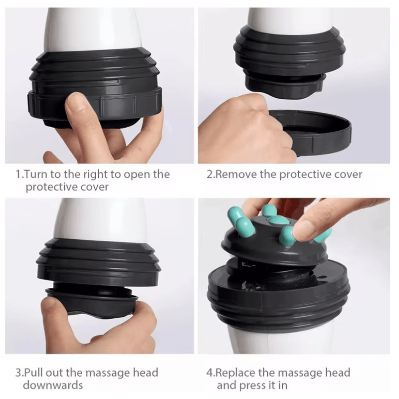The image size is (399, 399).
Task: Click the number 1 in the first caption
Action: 19,175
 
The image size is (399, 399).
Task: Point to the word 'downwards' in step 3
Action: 53,385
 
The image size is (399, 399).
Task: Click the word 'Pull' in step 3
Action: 33,373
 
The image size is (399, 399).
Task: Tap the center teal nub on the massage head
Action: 279,220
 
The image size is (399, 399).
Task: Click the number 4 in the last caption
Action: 209,373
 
